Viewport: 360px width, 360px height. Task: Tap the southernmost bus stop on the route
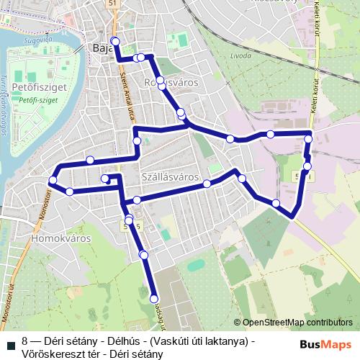coord(153,298)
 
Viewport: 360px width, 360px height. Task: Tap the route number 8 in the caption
coord(25,341)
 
